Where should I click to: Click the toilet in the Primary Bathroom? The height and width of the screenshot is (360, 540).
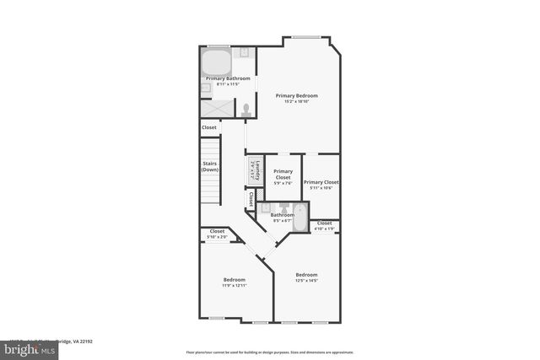tap(246, 109)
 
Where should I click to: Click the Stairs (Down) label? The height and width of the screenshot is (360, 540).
tap(210, 166)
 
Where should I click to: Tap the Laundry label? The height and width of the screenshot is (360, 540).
tap(253, 169)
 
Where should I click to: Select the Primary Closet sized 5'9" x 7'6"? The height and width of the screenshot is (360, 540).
tap(283, 175)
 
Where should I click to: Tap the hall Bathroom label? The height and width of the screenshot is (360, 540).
tap(282, 214)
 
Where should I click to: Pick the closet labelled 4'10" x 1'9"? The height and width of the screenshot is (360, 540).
tap(324, 225)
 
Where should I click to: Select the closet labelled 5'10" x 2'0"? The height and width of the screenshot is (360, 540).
tap(217, 234)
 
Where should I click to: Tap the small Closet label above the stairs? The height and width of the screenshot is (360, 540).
tap(208, 127)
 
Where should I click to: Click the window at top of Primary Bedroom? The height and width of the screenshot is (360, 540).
tap(306, 36)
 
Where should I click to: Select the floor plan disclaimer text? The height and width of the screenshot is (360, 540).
tap(269, 352)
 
